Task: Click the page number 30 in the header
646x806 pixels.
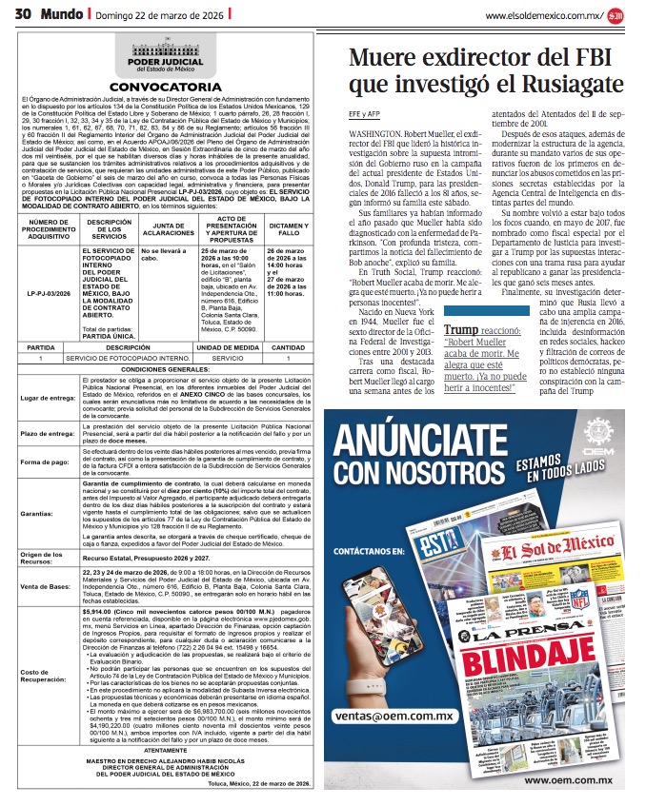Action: click(23, 14)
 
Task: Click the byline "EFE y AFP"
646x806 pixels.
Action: click(365, 121)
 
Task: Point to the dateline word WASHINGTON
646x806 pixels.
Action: click(374, 136)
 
